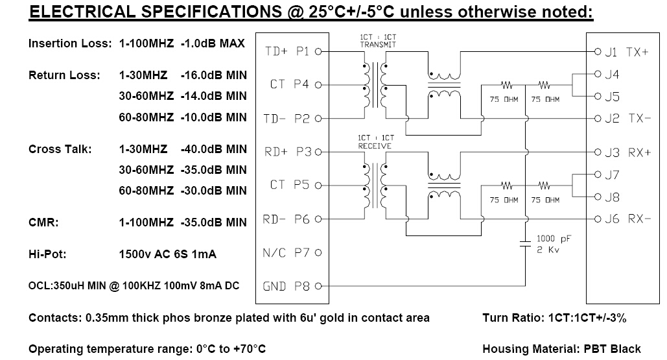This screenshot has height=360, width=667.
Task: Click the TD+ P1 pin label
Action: (x=287, y=51)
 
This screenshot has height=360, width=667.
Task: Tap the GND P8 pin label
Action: (x=287, y=287)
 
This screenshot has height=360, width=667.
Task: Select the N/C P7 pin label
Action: (x=287, y=253)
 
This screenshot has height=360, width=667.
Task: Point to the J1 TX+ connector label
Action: (x=627, y=52)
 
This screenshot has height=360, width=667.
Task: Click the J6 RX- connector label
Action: (x=628, y=219)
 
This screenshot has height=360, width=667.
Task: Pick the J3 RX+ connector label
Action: (x=628, y=152)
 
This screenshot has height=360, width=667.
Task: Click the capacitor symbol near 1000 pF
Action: (x=525, y=244)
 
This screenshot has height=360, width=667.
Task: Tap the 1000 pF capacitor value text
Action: (x=554, y=239)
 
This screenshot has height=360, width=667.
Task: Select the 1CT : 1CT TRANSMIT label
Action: (x=378, y=41)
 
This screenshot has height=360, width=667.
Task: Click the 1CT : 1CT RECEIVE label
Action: (x=375, y=142)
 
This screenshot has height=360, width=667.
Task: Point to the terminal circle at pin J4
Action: (x=598, y=74)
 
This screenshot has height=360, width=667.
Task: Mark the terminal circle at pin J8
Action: (x=598, y=197)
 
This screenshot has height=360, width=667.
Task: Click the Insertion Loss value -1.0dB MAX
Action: (x=213, y=43)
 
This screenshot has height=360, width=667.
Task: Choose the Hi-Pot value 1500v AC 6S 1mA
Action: (x=168, y=254)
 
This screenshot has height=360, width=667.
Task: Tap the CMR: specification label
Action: (x=43, y=222)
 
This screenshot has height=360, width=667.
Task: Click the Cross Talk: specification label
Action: (x=60, y=149)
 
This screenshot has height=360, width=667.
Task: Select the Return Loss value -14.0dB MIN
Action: (x=213, y=96)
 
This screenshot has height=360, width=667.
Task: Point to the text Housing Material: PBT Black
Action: (x=561, y=349)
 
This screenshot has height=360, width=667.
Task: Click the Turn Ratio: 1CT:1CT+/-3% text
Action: (x=555, y=318)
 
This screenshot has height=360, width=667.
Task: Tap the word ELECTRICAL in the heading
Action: (x=82, y=12)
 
